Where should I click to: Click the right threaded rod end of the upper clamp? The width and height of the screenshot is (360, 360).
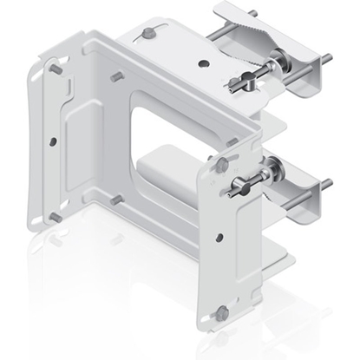328,59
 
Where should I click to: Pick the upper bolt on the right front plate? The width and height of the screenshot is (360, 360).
223,162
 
